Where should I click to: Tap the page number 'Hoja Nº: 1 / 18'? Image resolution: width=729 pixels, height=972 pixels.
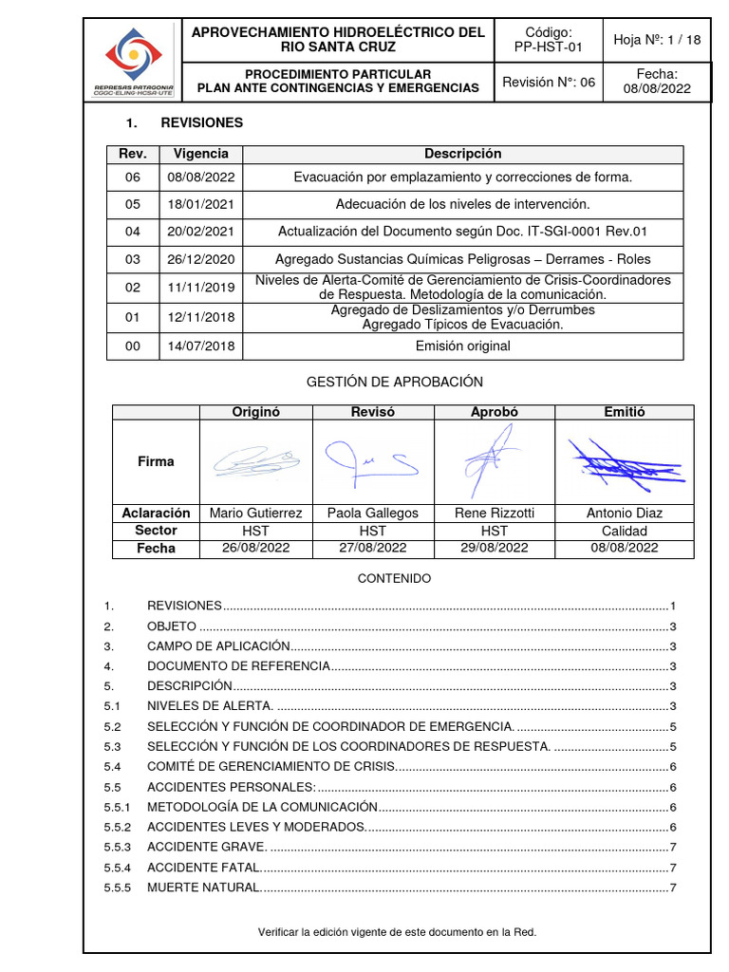click(658, 40)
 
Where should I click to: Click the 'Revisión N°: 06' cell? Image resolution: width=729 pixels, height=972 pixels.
click(549, 83)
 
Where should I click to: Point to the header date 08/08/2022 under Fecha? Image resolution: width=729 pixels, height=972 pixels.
click(658, 89)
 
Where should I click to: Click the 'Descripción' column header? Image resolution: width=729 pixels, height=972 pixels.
click(462, 154)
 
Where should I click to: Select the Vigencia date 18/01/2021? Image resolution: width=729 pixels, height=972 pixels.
click(201, 204)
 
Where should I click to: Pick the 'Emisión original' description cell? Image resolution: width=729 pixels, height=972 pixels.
click(462, 346)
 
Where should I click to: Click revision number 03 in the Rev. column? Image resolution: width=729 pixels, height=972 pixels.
click(132, 258)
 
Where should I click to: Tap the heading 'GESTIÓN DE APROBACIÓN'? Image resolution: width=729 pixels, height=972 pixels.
click(395, 382)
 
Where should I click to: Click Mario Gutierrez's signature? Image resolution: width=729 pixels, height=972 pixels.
click(256, 461)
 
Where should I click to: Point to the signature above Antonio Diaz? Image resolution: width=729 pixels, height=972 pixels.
click(622, 460)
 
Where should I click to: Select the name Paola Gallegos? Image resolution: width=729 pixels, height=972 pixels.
click(373, 513)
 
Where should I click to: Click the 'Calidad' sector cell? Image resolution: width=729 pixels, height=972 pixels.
click(625, 531)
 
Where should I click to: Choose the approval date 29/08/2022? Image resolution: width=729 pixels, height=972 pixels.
click(495, 548)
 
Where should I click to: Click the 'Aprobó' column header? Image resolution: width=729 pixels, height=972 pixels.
click(495, 412)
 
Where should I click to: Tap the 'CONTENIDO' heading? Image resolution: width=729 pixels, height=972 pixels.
click(394, 578)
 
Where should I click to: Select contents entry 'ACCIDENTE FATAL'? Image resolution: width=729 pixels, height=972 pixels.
click(203, 867)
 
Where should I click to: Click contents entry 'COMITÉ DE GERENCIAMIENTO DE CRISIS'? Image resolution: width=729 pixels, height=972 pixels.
click(270, 766)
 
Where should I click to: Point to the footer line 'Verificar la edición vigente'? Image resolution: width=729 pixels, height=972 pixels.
click(397, 932)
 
